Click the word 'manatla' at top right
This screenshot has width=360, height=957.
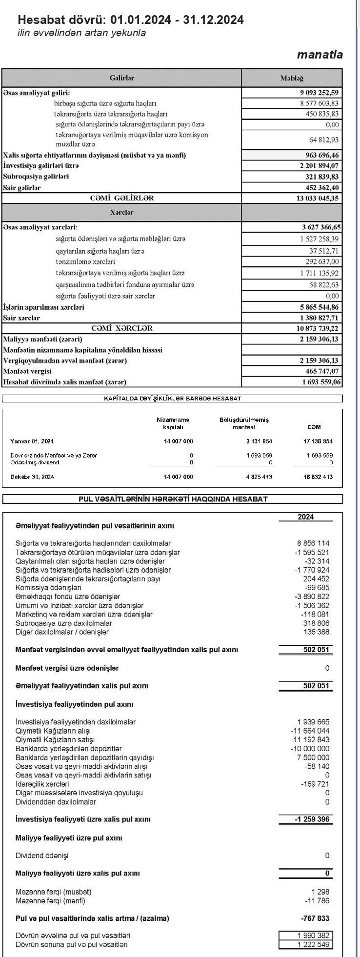[320, 55]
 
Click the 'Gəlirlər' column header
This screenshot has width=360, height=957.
[121, 78]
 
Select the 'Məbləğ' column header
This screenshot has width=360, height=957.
[291, 78]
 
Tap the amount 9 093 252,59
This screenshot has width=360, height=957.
[319, 93]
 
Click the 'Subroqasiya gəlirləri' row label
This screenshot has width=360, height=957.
[36, 177]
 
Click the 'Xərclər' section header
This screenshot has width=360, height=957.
[121, 213]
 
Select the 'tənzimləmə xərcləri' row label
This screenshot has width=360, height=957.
[85, 262]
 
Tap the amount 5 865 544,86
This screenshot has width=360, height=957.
[319, 307]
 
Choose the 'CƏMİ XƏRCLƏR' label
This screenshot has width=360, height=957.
[121, 328]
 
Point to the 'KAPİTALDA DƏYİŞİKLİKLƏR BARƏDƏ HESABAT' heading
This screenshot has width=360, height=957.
[172, 399]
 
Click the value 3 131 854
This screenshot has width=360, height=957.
[259, 441]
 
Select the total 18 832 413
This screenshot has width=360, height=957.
[318, 477]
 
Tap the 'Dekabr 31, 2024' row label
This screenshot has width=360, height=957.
[32, 477]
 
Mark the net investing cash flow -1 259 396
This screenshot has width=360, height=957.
[312, 819]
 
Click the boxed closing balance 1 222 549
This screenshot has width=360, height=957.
[313, 945]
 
